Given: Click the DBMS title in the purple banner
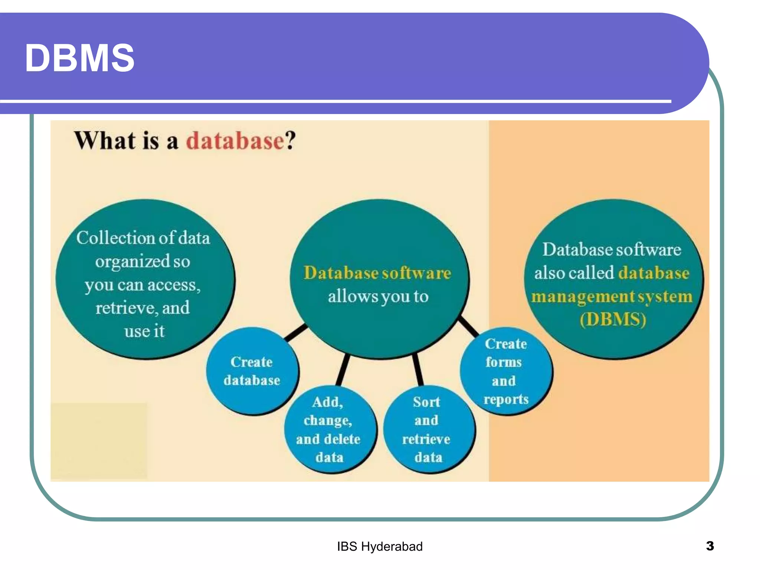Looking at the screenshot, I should tap(79, 58).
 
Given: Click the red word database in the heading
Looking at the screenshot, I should tap(235, 141).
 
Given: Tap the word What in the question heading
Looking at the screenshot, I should tap(105, 141).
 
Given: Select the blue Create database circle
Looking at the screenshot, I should tap(252, 371).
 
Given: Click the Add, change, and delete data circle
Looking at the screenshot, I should tap(328, 429).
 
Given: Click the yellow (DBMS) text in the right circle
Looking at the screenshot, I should tap(613, 320).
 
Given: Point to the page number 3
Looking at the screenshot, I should tap(710, 546).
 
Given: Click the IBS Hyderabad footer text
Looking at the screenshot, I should tap(380, 547).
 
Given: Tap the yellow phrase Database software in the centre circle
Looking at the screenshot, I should tap(377, 273).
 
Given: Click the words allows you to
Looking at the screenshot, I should tap(378, 297).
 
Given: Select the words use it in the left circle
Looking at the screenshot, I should tap(144, 331).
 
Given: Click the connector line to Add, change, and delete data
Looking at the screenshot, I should tap(343, 370).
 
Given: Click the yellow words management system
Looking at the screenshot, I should tap(612, 297).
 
